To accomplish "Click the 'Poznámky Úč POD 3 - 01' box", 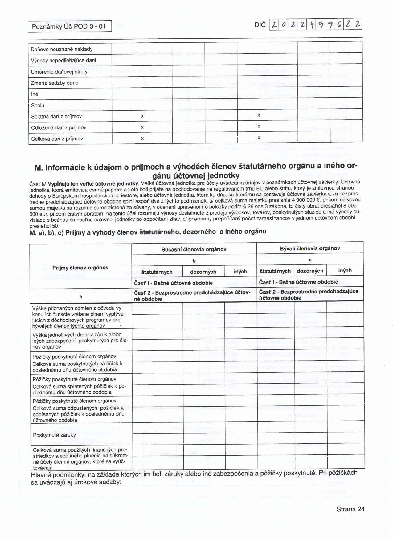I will pyautogui.click(x=69, y=26).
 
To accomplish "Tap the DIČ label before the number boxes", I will pyautogui.click(x=260, y=25).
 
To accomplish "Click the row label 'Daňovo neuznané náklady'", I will pyautogui.click(x=62, y=49).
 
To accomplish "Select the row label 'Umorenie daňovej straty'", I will pyautogui.click(x=59, y=72).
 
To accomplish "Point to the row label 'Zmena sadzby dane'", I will pyautogui.click(x=55, y=83).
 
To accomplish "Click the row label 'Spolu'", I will pyautogui.click(x=38, y=106).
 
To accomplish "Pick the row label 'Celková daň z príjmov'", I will pyautogui.click(x=57, y=139).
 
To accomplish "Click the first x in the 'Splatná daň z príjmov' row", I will pyautogui.click(x=142, y=116).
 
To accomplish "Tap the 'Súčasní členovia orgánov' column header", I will pyautogui.click(x=194, y=249).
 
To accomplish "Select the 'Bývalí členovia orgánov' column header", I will pyautogui.click(x=310, y=248).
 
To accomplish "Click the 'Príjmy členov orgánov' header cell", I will pyautogui.click(x=80, y=268).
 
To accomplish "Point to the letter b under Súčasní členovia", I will pyautogui.click(x=194, y=261).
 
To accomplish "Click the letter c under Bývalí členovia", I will pyautogui.click(x=310, y=260).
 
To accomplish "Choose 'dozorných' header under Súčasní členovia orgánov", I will pyautogui.click(x=203, y=272).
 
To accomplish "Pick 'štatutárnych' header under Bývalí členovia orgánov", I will pyautogui.click(x=275, y=271).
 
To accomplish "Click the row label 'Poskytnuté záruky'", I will pyautogui.click(x=54, y=435).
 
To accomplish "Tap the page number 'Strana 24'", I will pyautogui.click(x=350, y=509).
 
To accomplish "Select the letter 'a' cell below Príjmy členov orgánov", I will pyautogui.click(x=80, y=297).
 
